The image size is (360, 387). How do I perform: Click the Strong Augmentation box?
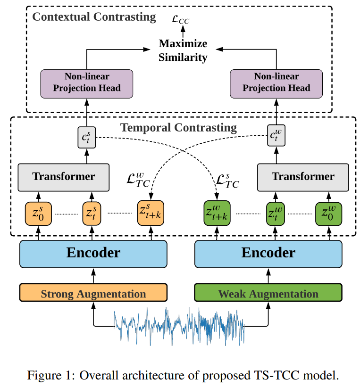click(93, 293)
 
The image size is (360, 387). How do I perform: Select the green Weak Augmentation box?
click(268, 293)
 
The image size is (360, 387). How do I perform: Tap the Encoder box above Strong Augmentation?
click(93, 254)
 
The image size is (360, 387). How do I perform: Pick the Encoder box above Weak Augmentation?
click(268, 254)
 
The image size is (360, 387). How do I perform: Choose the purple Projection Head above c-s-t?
click(87, 83)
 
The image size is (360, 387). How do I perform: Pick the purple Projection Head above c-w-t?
click(276, 83)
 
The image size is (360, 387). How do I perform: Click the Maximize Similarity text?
click(183, 50)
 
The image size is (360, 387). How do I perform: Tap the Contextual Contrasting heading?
click(93, 17)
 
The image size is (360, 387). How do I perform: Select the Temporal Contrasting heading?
click(178, 127)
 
